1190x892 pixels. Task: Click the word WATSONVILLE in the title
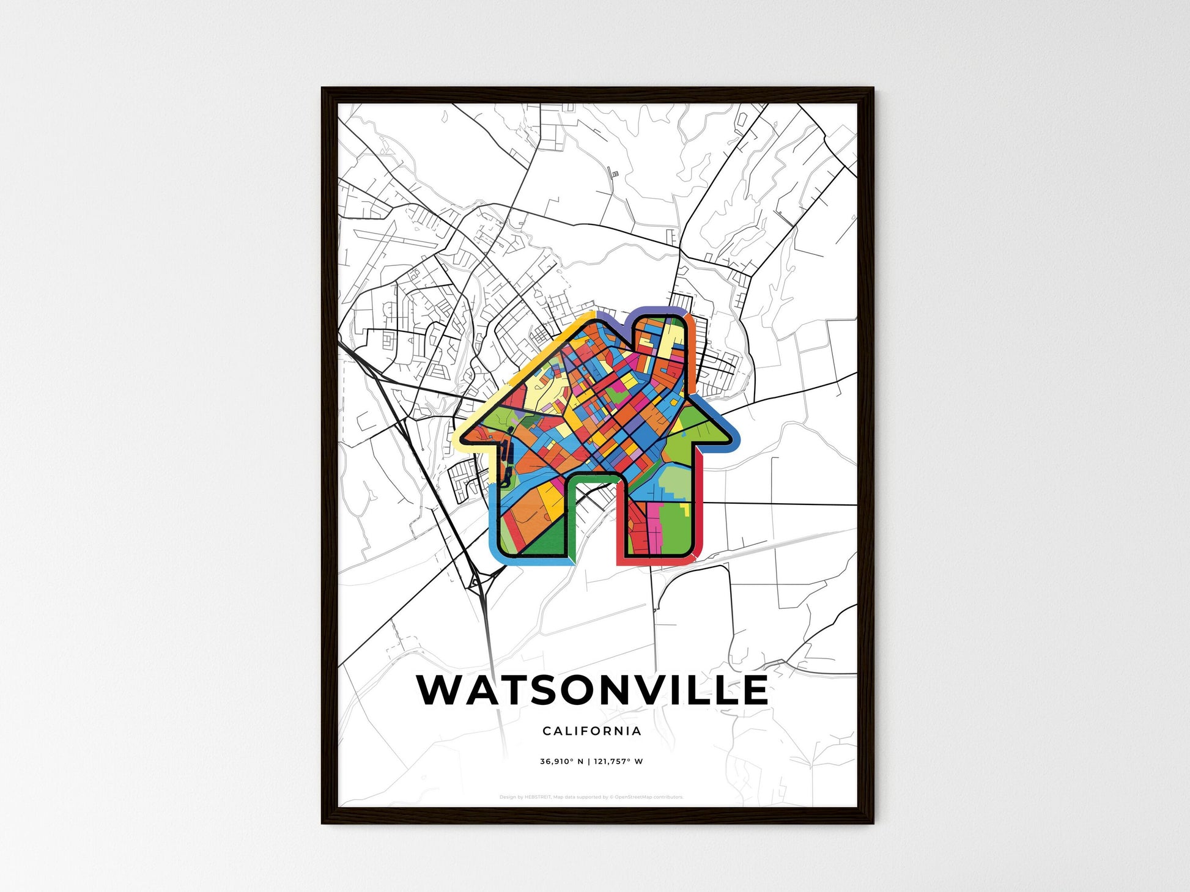tap(592, 690)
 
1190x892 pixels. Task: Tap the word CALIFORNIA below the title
tap(591, 731)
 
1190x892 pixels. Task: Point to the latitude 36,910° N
tap(561, 762)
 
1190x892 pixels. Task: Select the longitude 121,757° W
tap(618, 762)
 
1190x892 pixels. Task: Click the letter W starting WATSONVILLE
tap(440, 690)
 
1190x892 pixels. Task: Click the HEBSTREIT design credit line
tap(591, 797)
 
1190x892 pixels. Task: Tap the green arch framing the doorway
tap(575, 489)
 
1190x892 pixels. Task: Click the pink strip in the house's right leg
tap(654, 520)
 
